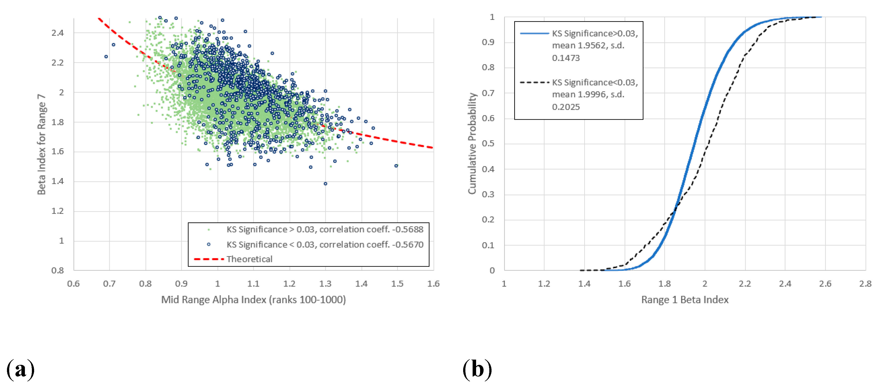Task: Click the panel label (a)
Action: [20, 369]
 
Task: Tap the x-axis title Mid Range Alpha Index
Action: [253, 300]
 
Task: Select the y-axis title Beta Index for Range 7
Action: [42, 144]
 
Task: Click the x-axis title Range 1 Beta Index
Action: [685, 300]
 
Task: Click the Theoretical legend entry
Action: [249, 259]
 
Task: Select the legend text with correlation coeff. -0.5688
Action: [325, 229]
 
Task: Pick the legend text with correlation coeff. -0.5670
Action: [325, 245]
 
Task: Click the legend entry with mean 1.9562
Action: [594, 46]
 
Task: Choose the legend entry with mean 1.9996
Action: [594, 95]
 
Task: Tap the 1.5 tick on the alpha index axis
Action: [397, 284]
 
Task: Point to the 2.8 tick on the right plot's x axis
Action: [865, 284]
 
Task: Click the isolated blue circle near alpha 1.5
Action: [396, 166]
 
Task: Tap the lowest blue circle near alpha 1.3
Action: [325, 184]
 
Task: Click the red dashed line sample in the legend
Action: [208, 259]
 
